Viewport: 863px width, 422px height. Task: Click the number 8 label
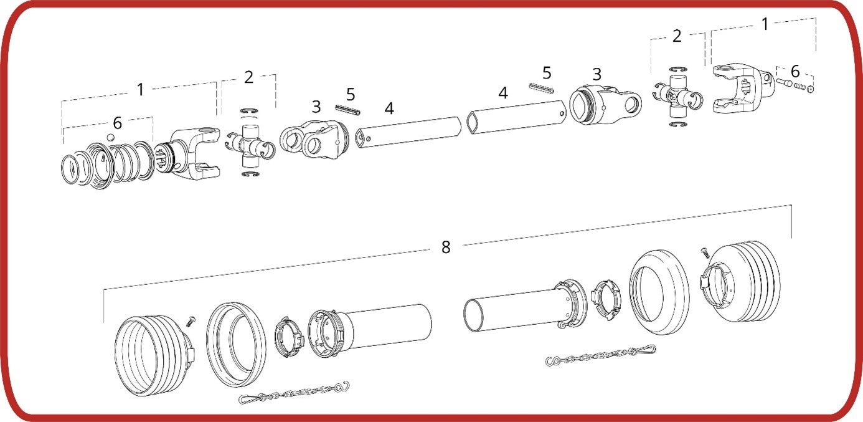(446, 247)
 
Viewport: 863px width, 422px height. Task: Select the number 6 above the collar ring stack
(118, 123)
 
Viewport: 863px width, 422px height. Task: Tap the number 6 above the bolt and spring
(795, 71)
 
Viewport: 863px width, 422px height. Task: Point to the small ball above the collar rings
(110, 138)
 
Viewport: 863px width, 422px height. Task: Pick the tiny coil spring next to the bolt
(799, 87)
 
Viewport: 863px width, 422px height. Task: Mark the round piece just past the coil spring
(810, 90)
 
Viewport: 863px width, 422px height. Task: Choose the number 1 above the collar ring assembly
(141, 90)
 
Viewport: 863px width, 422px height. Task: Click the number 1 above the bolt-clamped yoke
(765, 24)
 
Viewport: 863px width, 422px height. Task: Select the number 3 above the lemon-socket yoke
(597, 74)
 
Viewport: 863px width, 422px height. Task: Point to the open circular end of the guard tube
(473, 315)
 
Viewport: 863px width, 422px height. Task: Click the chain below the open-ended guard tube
(600, 355)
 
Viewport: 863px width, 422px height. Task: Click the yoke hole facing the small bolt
(767, 78)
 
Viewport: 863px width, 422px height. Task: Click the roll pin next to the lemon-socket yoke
(541, 88)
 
